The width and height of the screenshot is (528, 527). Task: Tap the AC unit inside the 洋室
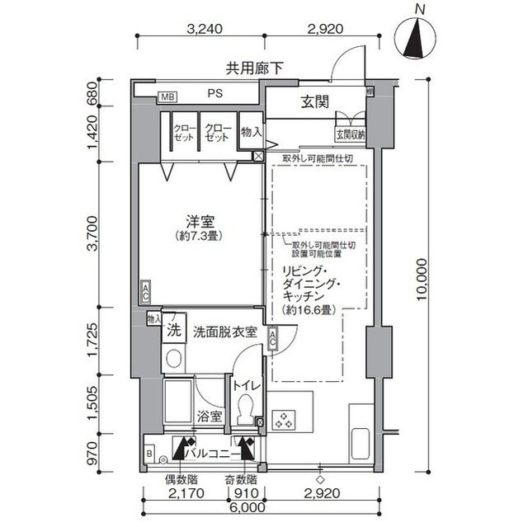click(145, 291)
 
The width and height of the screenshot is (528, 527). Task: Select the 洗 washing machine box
click(173, 332)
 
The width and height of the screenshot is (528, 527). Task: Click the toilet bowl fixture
click(243, 407)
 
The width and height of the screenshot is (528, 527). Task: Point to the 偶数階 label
click(179, 479)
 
